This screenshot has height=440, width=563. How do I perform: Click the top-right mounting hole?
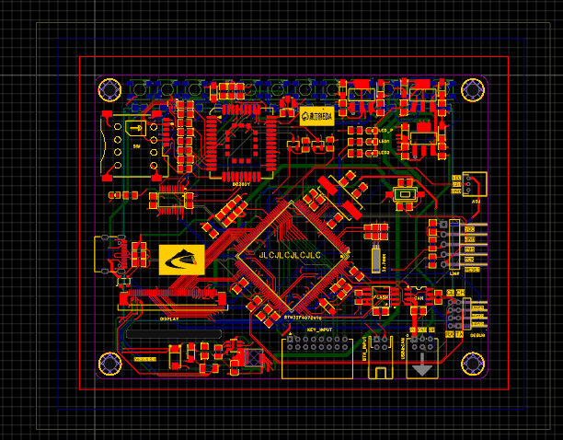click(473, 89)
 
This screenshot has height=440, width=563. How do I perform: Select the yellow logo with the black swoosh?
click(182, 260)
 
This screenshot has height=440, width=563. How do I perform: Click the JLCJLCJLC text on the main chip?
click(290, 254)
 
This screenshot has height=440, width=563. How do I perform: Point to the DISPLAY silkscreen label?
click(169, 318)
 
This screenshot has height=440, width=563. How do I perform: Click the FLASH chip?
click(380, 297)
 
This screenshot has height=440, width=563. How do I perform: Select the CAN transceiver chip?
click(416, 297)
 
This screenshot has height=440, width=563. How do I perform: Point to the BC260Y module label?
click(241, 183)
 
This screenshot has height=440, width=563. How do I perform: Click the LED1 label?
click(385, 141)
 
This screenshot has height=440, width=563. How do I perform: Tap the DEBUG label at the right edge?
click(477, 335)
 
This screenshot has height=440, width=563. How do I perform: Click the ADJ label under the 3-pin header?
click(476, 200)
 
